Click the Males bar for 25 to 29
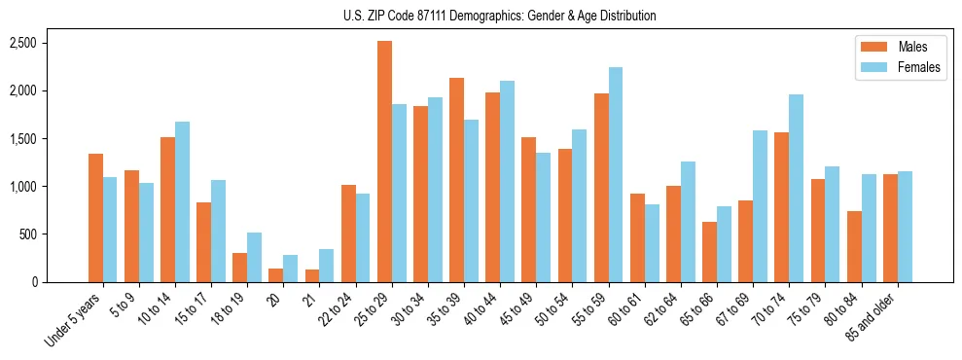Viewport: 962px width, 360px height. pos(384,162)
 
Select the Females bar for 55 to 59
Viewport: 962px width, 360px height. pos(616,175)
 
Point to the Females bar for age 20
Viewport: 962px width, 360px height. pos(290,269)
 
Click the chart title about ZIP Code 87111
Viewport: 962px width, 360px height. pos(499,16)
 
